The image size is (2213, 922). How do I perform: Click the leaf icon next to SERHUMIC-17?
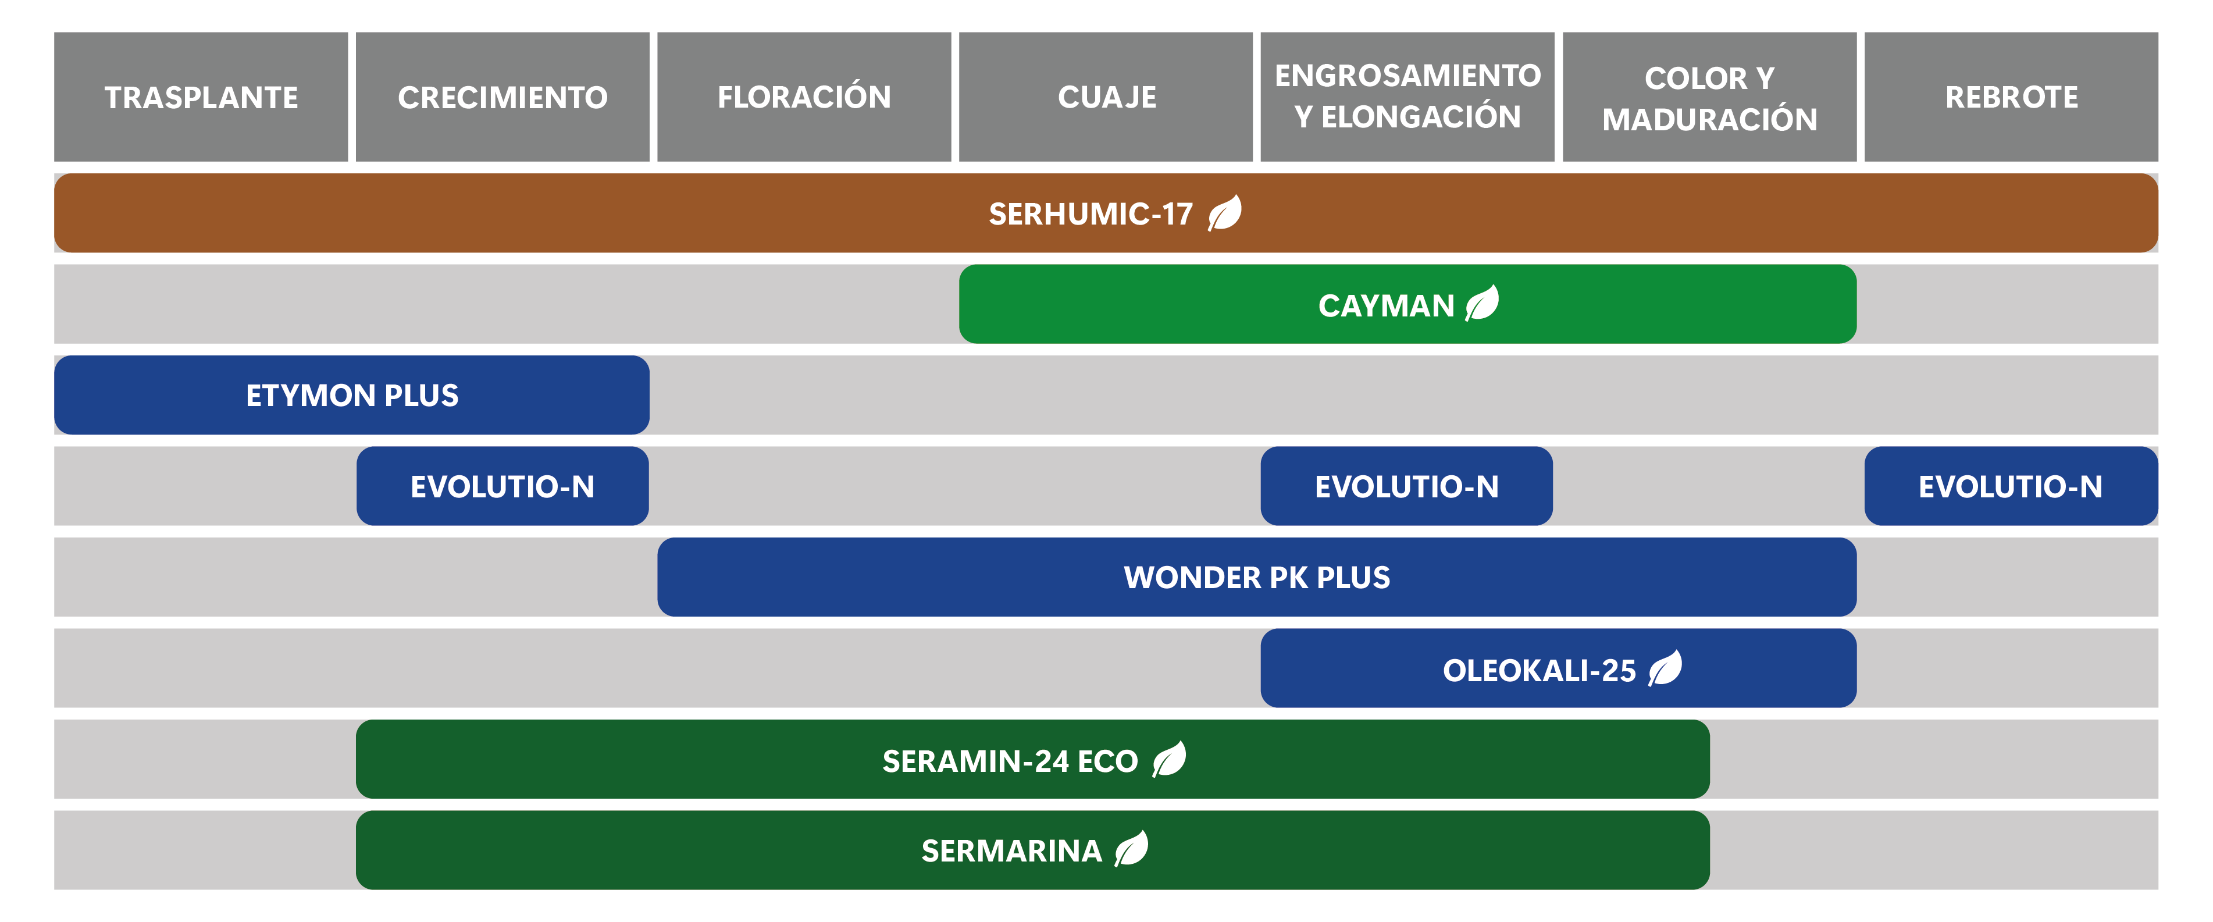[1224, 212]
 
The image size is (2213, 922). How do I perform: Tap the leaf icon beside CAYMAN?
[1482, 302]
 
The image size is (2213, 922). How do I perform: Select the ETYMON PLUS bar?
[351, 395]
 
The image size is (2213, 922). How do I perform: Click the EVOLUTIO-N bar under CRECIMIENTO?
[503, 486]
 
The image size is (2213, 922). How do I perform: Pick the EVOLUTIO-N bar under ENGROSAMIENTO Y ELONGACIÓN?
[1406, 486]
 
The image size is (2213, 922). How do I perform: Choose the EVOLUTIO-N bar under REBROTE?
[2011, 486]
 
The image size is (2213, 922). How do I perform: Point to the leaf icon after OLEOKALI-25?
[1665, 668]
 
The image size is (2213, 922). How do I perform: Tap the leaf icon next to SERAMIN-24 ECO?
[1168, 759]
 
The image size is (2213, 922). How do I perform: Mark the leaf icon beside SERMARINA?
[1131, 848]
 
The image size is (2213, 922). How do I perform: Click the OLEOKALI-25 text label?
[1540, 670]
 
